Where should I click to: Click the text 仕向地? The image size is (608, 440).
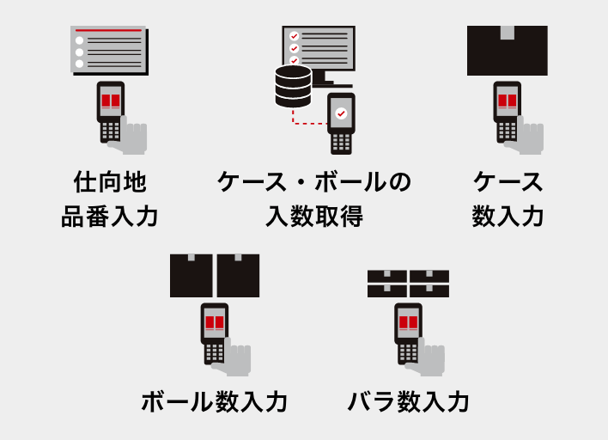(110, 181)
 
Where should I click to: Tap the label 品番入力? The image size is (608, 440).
(110, 216)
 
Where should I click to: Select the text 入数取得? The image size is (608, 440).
(314, 216)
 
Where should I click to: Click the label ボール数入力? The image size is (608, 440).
(214, 401)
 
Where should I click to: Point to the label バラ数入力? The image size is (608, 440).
(408, 401)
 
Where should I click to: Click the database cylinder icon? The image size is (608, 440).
(293, 87)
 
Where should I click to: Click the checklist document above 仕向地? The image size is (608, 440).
(109, 50)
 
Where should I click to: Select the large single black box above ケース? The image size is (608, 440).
(508, 51)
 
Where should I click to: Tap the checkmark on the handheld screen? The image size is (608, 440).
(341, 113)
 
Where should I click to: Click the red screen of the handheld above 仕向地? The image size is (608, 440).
(111, 101)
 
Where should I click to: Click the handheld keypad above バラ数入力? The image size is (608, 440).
(408, 352)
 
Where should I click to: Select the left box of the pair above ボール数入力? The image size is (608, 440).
(192, 276)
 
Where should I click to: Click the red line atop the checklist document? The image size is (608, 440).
(108, 30)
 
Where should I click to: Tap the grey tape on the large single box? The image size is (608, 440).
(508, 33)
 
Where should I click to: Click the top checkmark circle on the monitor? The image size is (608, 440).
(294, 36)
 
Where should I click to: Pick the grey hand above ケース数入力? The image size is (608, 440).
(526, 137)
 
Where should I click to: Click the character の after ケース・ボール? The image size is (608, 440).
(399, 181)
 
